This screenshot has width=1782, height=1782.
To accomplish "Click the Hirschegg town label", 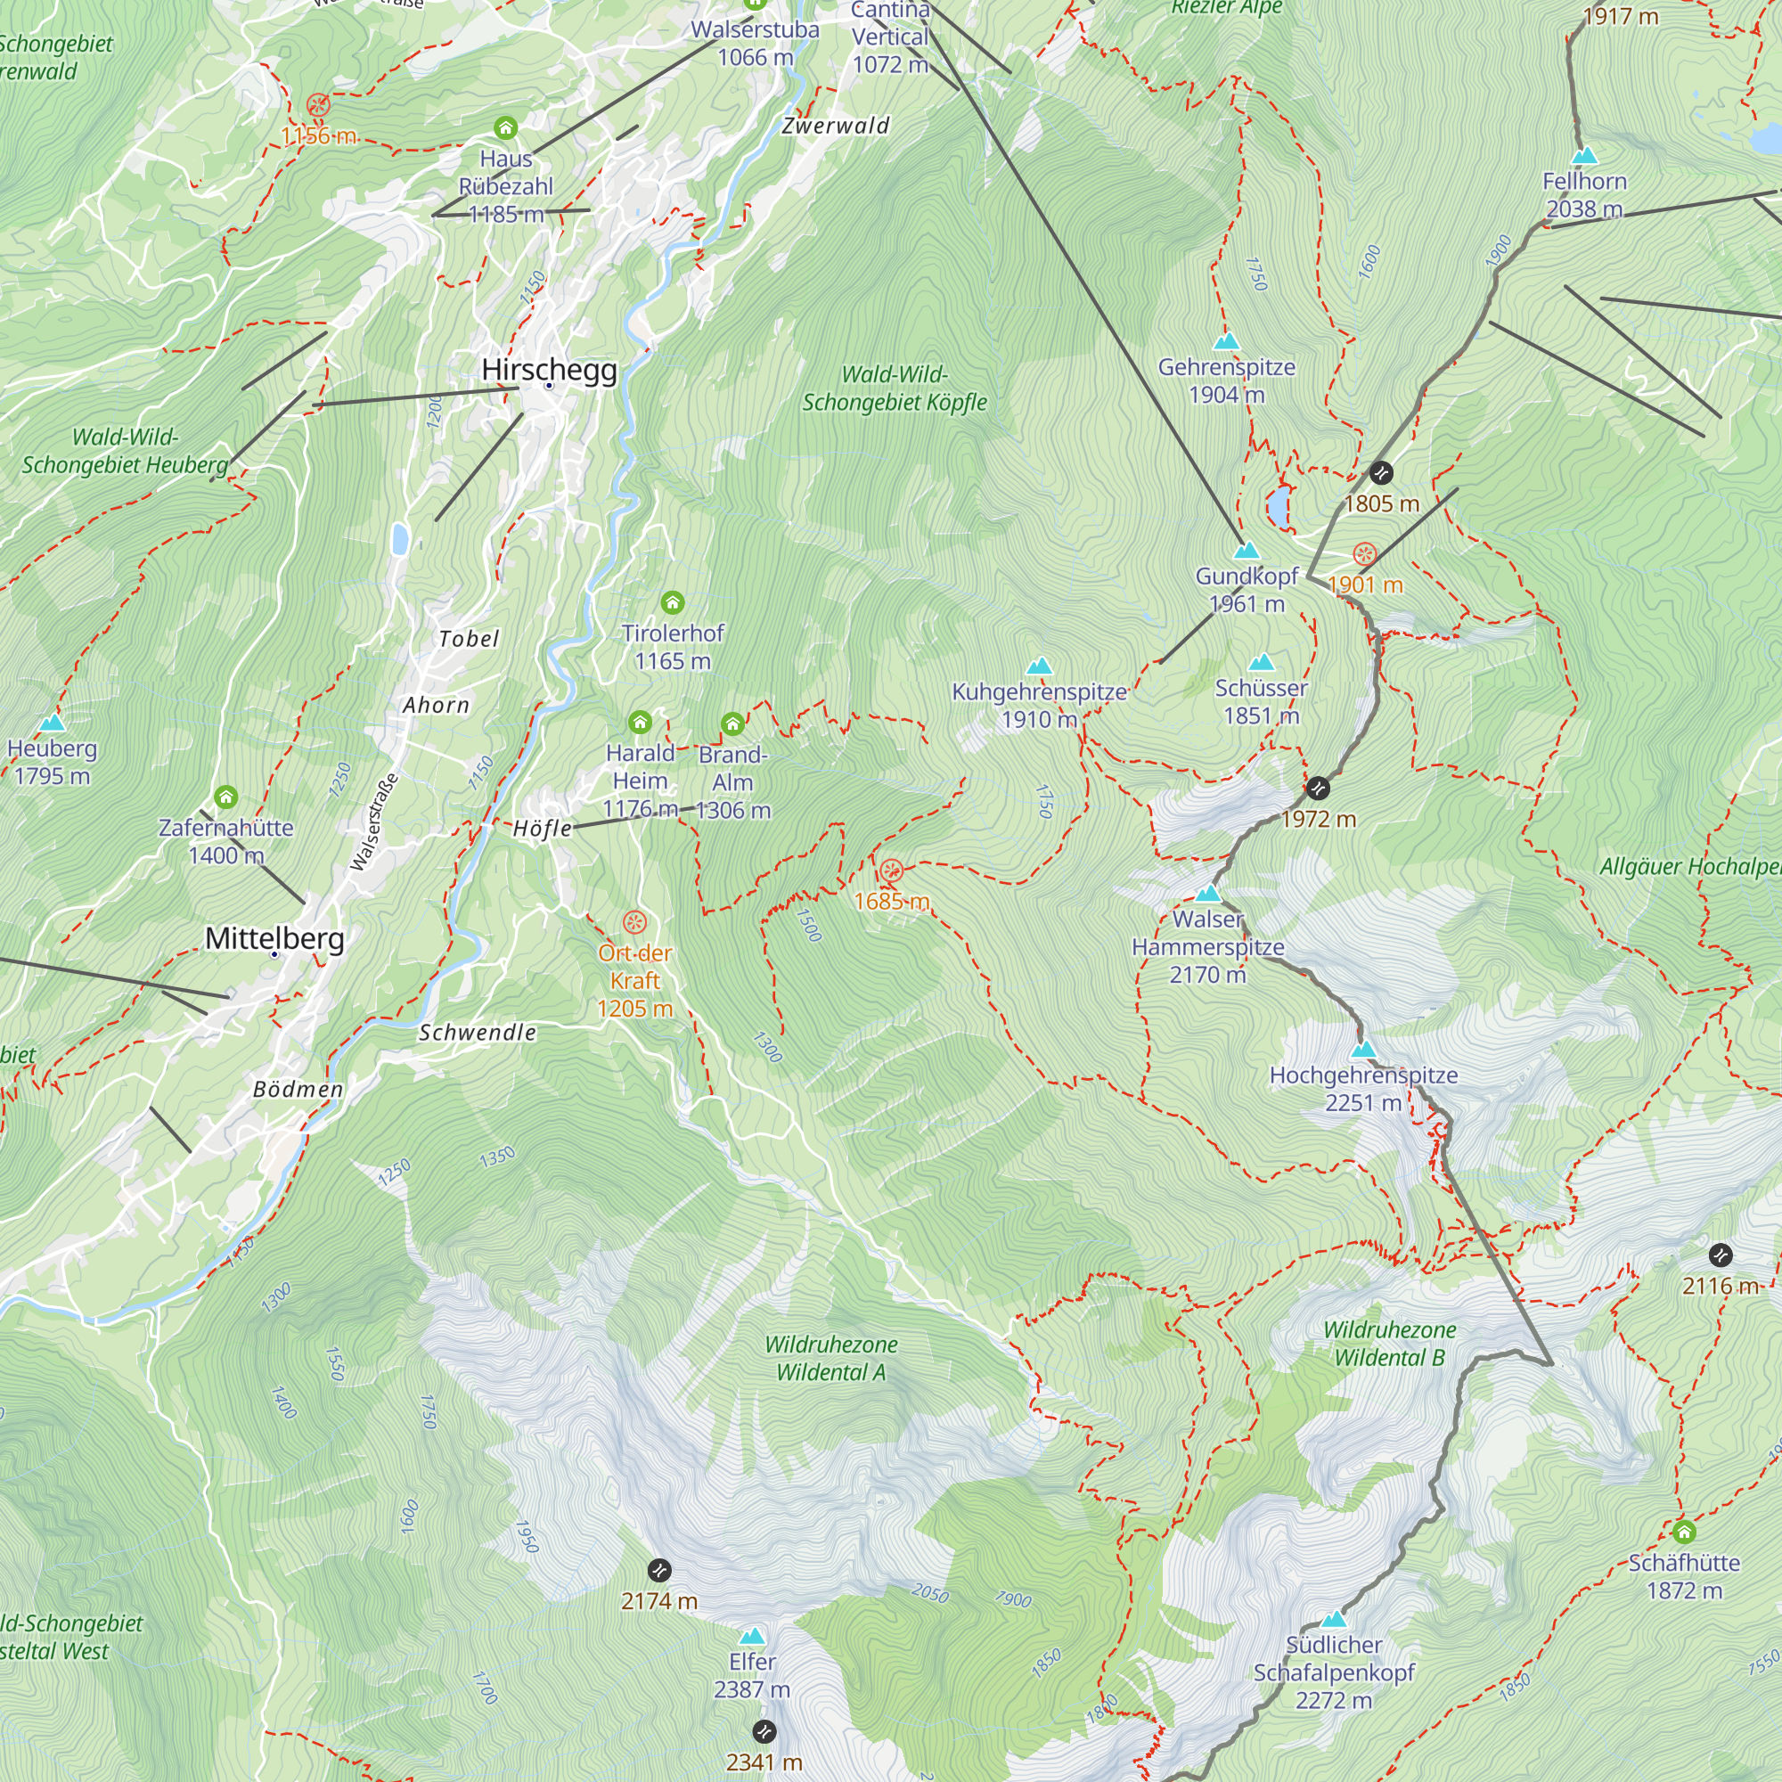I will [x=549, y=371].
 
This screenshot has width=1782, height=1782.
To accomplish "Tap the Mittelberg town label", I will [x=274, y=939].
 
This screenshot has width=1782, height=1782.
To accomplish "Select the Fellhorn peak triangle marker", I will [x=1583, y=155].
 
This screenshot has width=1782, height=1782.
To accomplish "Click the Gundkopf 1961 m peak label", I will [x=1247, y=591].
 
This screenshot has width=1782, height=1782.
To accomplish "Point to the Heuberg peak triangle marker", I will [x=53, y=723].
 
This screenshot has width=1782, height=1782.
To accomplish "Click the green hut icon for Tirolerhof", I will [x=673, y=603].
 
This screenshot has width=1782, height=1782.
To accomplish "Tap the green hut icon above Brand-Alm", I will [x=732, y=724].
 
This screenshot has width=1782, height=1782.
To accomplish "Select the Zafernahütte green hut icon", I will [x=226, y=797].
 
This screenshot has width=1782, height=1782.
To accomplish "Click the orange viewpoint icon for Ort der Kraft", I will [x=634, y=922].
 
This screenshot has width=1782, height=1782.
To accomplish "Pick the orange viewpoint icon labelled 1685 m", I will [x=891, y=871].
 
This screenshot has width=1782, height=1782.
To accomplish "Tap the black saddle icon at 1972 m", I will [x=1318, y=789].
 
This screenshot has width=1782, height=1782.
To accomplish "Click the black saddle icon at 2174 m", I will [x=658, y=1570].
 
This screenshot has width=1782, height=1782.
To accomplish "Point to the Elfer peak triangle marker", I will [x=752, y=1636].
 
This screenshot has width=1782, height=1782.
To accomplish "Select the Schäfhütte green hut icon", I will [x=1683, y=1532].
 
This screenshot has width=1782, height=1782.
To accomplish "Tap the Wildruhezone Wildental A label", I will [x=830, y=1359].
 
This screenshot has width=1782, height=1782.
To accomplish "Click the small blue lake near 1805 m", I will [x=1278, y=508].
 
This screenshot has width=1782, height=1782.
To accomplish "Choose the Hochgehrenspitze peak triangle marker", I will [x=1362, y=1050].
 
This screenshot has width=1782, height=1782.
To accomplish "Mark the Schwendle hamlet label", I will [x=477, y=1033].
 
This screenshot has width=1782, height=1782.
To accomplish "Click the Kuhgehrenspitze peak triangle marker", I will [x=1039, y=666].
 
